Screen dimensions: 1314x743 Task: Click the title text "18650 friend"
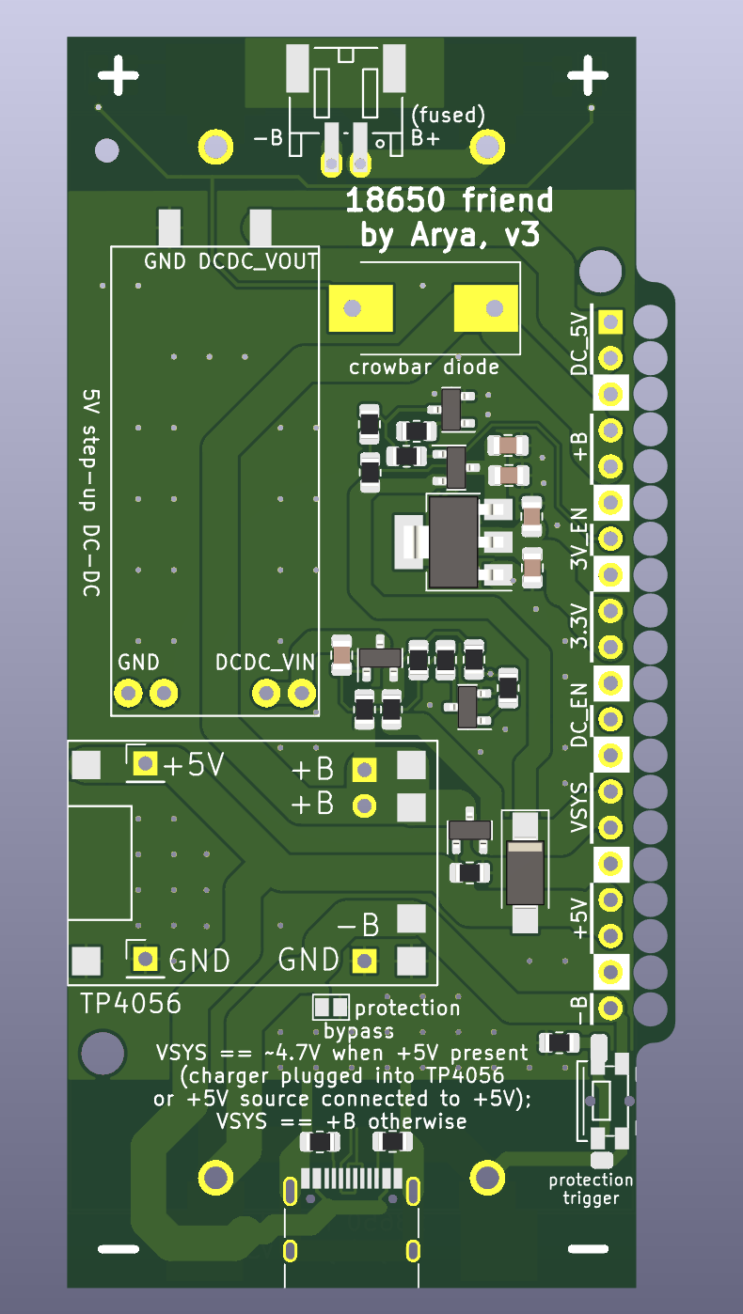(449, 201)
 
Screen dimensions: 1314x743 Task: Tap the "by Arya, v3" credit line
(450, 236)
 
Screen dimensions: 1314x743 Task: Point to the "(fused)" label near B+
(448, 116)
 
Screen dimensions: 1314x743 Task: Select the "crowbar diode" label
(423, 367)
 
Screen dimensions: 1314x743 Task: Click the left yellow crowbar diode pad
(361, 308)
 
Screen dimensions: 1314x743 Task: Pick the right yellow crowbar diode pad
(485, 308)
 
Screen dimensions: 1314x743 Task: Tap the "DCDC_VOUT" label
(259, 261)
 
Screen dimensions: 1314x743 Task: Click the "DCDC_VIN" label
(265, 663)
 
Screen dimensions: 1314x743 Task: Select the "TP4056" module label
(131, 1004)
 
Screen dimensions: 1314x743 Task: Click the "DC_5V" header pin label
(579, 344)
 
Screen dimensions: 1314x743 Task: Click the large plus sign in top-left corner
(119, 75)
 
